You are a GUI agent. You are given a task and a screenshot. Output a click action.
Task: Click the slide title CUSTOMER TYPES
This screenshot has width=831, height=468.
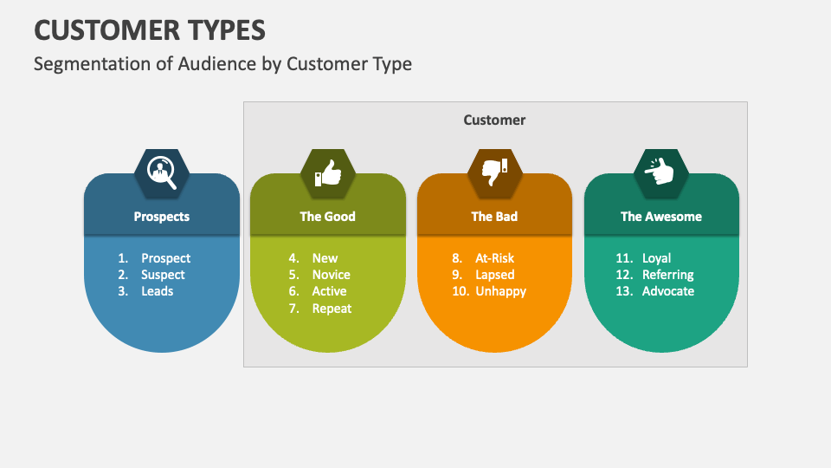coord(150,29)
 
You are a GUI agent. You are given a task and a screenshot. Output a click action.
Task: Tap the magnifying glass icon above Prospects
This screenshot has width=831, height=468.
coord(162,171)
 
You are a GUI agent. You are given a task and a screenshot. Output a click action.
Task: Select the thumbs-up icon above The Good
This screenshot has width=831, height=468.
coord(328,171)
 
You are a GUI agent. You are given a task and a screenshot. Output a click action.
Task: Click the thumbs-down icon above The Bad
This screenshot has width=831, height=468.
coord(494,171)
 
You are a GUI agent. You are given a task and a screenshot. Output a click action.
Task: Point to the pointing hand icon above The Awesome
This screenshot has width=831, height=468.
coord(660,171)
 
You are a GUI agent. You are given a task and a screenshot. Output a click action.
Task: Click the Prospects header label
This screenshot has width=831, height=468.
coord(162,217)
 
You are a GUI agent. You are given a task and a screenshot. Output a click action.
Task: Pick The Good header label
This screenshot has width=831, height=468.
coord(328,217)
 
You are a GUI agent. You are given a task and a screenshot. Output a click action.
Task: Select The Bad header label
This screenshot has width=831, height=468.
coord(494,217)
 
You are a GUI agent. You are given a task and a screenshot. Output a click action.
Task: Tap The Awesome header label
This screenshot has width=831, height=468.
coord(661,217)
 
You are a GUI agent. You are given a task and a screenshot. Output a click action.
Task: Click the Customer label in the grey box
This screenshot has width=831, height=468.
coord(494,120)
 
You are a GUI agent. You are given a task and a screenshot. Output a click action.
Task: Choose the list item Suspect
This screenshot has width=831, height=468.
coord(163,275)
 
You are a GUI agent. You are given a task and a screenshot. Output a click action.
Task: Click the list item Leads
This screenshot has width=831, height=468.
coord(158,291)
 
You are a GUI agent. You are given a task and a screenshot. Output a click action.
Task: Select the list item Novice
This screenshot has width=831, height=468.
coord(331,275)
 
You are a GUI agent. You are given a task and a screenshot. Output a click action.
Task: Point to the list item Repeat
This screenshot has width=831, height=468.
coord(332,308)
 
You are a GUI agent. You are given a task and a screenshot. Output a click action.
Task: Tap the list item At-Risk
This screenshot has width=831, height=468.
coord(494,258)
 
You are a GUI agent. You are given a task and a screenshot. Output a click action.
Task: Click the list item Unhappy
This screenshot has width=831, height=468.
coord(500,291)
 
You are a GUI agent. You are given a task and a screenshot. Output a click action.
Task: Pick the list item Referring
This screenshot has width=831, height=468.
coord(667,275)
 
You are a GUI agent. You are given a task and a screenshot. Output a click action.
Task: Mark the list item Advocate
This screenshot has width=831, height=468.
coord(667,291)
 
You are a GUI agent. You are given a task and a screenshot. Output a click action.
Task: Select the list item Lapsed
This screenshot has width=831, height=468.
coord(494,275)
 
